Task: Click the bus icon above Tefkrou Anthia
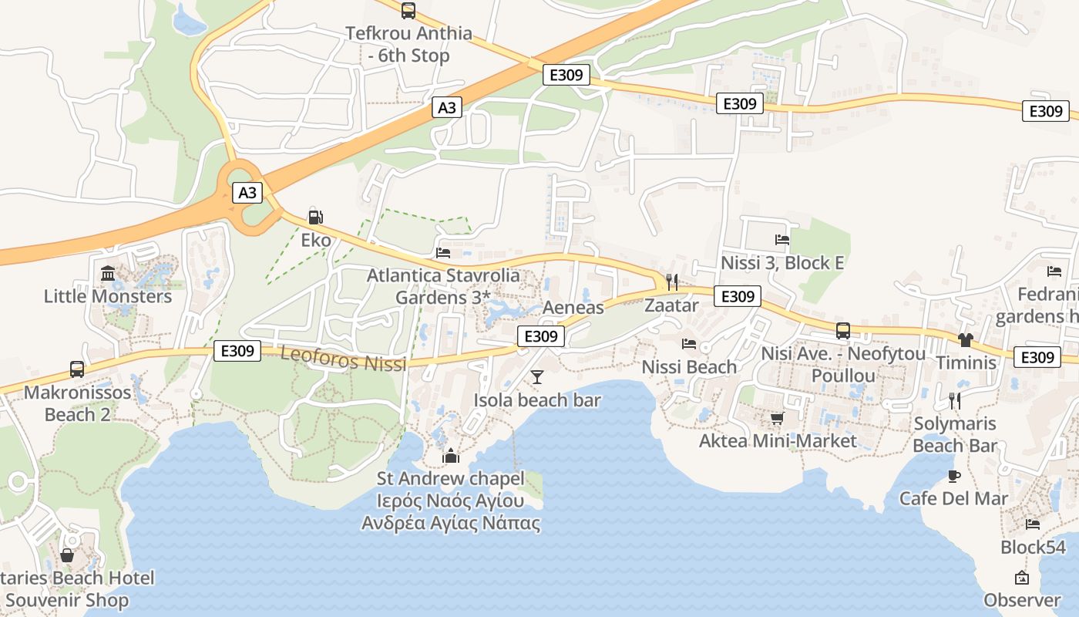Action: tap(408, 11)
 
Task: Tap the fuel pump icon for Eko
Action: tap(314, 217)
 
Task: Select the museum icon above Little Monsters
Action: tap(108, 273)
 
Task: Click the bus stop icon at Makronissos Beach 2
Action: tap(77, 369)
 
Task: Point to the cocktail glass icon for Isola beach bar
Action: tap(537, 377)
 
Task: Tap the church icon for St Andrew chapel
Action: tap(451, 457)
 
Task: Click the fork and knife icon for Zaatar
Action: tap(671, 282)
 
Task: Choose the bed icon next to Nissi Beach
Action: tap(689, 344)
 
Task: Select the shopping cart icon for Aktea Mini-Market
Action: tap(777, 418)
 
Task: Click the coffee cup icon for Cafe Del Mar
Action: tap(954, 476)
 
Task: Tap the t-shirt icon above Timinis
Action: tap(966, 339)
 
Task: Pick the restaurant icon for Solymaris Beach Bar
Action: tap(954, 400)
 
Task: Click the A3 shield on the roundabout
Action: tap(247, 193)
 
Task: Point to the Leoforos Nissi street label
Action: tap(343, 359)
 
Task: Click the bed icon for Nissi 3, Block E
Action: tap(782, 240)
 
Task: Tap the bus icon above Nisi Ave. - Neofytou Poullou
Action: tap(843, 331)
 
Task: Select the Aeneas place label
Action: tap(573, 308)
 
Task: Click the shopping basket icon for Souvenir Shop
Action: tap(67, 555)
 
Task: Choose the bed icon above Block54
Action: tap(1033, 524)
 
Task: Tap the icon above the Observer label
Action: tap(1022, 578)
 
